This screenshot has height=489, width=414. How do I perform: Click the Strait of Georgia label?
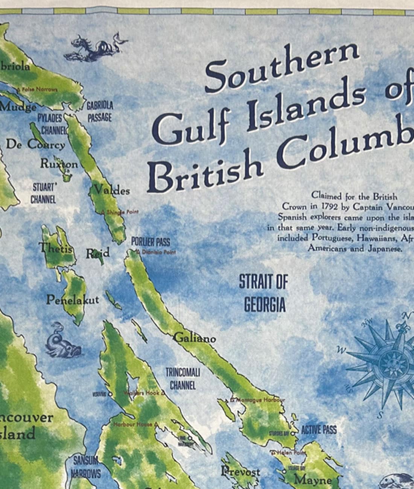click(263, 293)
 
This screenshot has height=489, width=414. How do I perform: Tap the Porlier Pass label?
click(150, 242)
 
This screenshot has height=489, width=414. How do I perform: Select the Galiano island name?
click(195, 339)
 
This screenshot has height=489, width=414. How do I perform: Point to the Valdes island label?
click(112, 190)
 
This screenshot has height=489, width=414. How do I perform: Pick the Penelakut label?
click(73, 300)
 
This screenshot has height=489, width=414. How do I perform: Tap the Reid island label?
click(97, 253)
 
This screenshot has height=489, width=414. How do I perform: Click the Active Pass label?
click(319, 430)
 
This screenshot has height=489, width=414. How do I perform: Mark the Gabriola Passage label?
click(100, 112)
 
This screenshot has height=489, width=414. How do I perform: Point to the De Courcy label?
click(35, 144)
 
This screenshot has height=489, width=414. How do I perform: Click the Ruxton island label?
click(59, 164)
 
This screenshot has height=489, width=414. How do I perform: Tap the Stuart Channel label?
click(44, 193)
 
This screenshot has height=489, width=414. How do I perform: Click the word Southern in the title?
click(282, 68)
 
